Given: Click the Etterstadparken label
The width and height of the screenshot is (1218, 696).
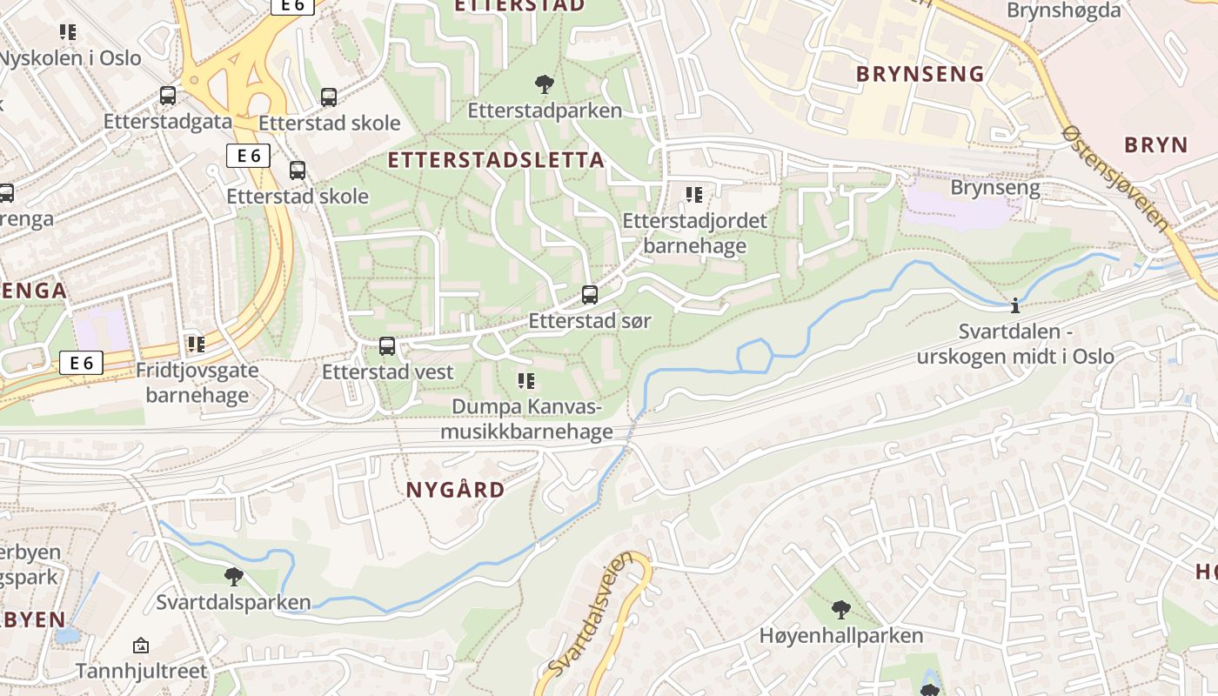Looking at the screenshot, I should [545, 110].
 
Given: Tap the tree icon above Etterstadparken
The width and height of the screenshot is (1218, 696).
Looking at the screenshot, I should [545, 84].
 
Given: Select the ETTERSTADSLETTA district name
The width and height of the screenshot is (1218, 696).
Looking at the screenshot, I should [496, 160].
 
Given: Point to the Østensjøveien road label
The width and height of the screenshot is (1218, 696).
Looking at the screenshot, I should [1117, 178].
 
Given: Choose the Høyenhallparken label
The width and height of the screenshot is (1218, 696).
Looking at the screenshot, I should [840, 636].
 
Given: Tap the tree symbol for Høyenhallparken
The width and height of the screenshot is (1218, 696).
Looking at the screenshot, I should [840, 609].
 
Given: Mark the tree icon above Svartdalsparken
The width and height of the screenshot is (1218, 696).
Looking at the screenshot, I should [233, 576].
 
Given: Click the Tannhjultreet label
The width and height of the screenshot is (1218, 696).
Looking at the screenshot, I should [141, 672].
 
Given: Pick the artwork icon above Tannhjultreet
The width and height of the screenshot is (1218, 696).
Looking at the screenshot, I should [141, 646].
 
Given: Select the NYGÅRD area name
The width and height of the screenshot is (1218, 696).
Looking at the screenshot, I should [455, 490].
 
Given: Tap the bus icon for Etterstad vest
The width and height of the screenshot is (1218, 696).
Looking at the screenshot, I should [387, 346].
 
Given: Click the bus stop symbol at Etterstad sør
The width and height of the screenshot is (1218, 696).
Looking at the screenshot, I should [590, 295].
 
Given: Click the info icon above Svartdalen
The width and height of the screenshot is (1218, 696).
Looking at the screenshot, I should [1014, 306].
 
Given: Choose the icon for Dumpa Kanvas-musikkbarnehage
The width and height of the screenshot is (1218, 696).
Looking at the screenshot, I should [526, 381].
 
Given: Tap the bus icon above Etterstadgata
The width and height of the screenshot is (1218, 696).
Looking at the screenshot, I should [168, 96].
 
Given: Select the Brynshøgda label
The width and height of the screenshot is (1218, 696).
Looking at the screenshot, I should [1064, 10].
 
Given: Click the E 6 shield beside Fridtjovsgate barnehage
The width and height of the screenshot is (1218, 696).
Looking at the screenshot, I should [82, 363].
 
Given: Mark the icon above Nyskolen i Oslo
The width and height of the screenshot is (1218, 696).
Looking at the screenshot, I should [68, 33].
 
